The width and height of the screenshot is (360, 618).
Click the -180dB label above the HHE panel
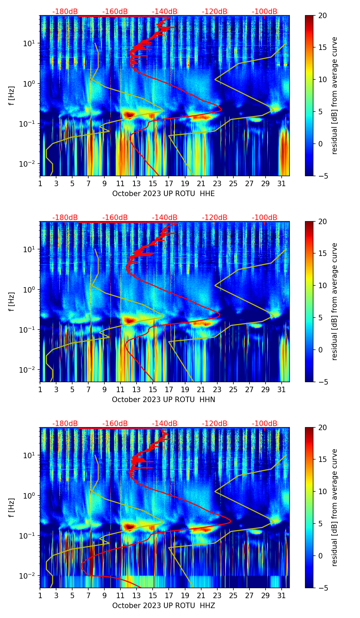65,12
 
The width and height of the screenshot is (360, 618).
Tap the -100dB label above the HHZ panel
265,424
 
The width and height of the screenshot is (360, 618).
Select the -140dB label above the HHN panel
165,218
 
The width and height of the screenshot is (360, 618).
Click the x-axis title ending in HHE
164,194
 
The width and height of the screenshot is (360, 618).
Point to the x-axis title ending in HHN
164,400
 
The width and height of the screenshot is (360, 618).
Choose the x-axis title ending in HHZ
164,606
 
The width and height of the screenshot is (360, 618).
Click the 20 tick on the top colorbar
322,15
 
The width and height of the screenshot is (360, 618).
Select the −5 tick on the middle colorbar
322,382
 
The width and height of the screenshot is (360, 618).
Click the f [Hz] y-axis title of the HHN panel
12,301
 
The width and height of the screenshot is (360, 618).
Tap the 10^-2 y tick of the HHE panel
26,164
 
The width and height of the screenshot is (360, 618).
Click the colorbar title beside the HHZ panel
335,508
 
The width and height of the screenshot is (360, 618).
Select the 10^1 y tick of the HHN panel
28,249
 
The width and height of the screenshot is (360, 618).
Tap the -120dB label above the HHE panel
215,12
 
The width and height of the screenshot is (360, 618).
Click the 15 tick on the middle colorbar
322,254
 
